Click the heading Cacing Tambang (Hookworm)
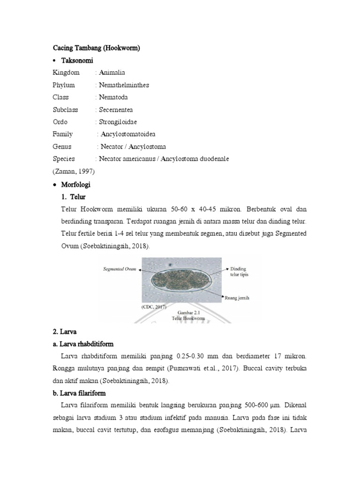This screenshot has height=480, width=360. tap(97, 48)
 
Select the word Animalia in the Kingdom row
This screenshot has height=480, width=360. tap(112, 73)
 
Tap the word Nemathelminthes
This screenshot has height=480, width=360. tap(124, 85)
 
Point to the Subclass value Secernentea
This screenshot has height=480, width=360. tap(116, 110)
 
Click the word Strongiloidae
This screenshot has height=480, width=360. tap(118, 122)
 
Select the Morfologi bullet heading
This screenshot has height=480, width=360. tap(76, 184)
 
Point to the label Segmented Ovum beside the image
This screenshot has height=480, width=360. tap(119, 269)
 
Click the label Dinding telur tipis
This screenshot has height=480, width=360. tap(239, 272)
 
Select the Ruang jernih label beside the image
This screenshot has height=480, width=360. tap(239, 297)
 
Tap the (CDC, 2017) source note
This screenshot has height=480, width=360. tap(154, 307)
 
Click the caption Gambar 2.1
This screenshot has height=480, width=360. tap(182, 311)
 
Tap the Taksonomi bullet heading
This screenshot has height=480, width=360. tap(77, 60)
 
